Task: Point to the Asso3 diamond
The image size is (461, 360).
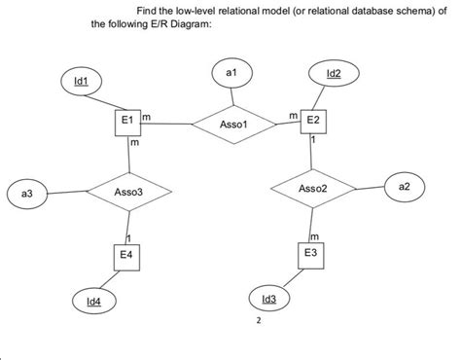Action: coord(128,193)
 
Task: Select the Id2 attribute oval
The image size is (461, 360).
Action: coord(334,74)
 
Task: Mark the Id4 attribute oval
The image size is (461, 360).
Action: coord(94,303)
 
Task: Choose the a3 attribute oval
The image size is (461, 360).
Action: coord(27,196)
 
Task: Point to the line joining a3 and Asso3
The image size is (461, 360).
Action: coord(68,195)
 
